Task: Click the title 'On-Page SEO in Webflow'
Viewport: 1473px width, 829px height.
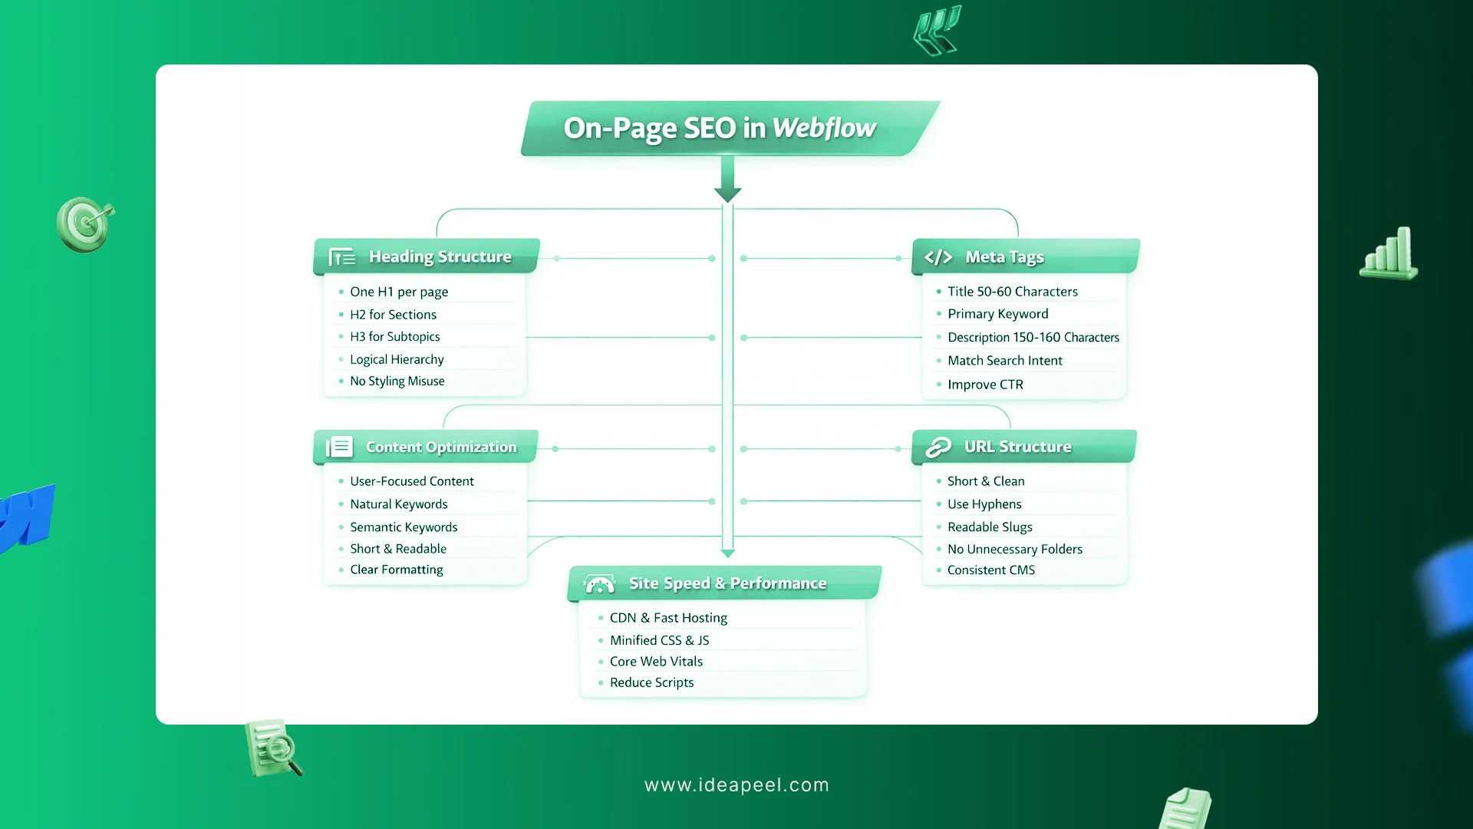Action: pyautogui.click(x=720, y=128)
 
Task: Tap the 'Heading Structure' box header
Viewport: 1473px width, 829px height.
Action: pyautogui.click(x=440, y=256)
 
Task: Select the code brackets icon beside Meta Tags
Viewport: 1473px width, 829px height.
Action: pyautogui.click(x=938, y=257)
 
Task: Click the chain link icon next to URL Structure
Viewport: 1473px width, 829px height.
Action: pyautogui.click(x=938, y=447)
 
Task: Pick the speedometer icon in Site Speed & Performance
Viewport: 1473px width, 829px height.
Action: pyautogui.click(x=599, y=584)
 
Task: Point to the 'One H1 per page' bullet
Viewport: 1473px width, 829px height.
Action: pyautogui.click(x=399, y=292)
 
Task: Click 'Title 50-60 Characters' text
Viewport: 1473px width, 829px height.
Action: pyautogui.click(x=1012, y=292)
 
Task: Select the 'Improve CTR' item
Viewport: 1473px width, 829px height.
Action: pyautogui.click(x=985, y=385)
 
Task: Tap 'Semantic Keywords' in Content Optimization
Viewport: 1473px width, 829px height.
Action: pyautogui.click(x=404, y=527)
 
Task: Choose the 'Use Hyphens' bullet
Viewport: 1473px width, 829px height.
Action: pyautogui.click(x=984, y=504)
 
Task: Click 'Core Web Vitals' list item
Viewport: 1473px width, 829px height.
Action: pyautogui.click(x=656, y=662)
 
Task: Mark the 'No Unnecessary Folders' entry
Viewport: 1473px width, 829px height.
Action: pyautogui.click(x=1014, y=550)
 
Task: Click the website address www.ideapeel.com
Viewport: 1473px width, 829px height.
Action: pyautogui.click(x=736, y=785)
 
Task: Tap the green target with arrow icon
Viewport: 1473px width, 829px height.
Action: pyautogui.click(x=85, y=224)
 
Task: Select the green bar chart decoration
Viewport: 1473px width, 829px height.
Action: pyautogui.click(x=1389, y=253)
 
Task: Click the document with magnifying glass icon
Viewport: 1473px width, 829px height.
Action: pyautogui.click(x=272, y=748)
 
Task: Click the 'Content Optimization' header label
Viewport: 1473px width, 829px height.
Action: pyautogui.click(x=441, y=447)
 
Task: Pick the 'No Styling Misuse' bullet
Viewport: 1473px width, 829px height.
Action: pyautogui.click(x=397, y=381)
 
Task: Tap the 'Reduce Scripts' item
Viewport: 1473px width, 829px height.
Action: pyautogui.click(x=651, y=683)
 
